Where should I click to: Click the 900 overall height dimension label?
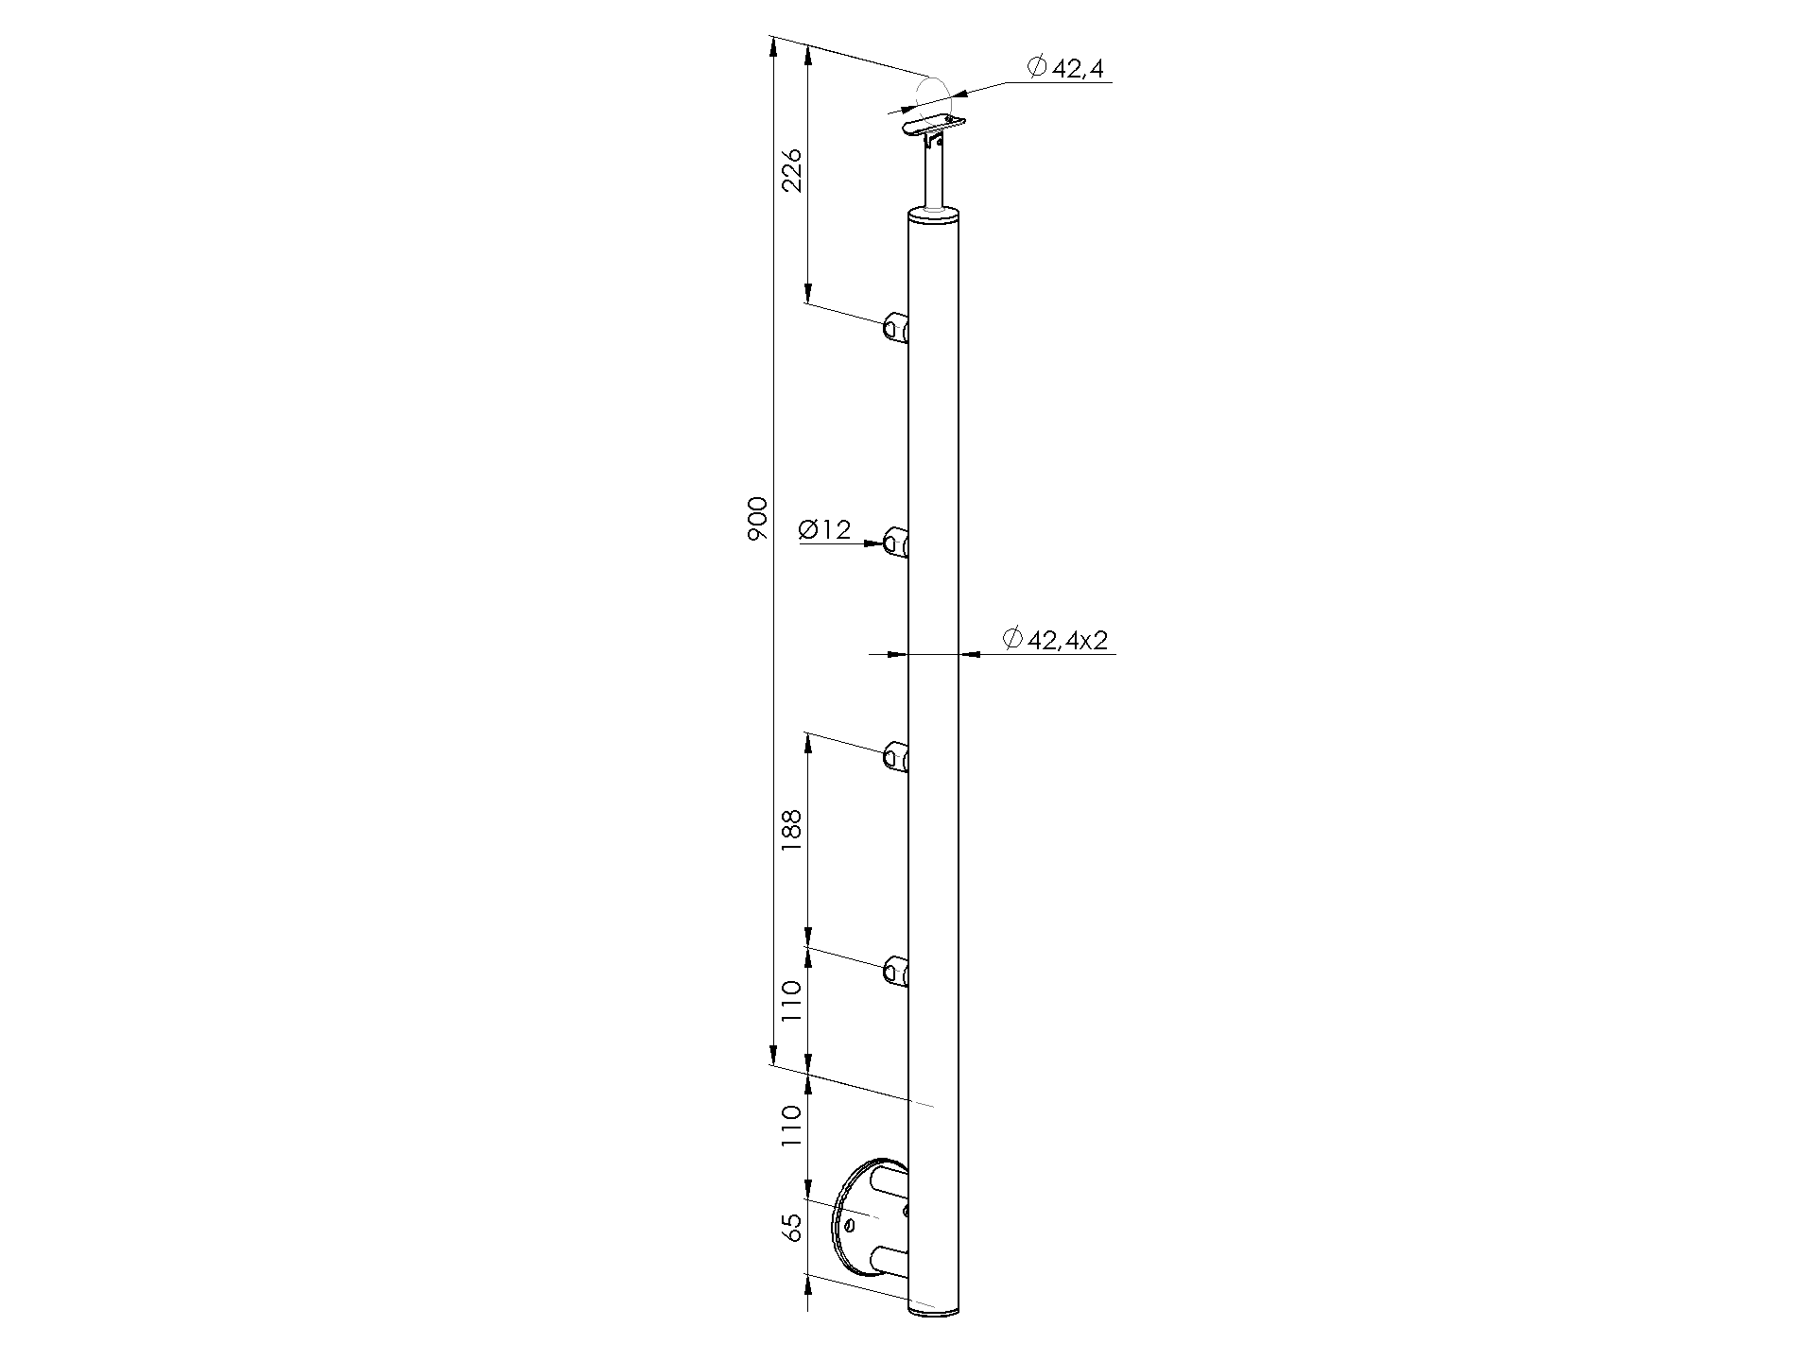[758, 519]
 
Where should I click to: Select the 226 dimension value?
[792, 170]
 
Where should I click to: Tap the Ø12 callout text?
[824, 530]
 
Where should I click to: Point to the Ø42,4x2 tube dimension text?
[1055, 640]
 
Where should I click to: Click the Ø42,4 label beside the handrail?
[1065, 67]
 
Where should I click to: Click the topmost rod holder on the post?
[896, 327]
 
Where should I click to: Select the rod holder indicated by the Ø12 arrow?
[896, 543]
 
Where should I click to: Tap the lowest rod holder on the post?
[896, 972]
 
